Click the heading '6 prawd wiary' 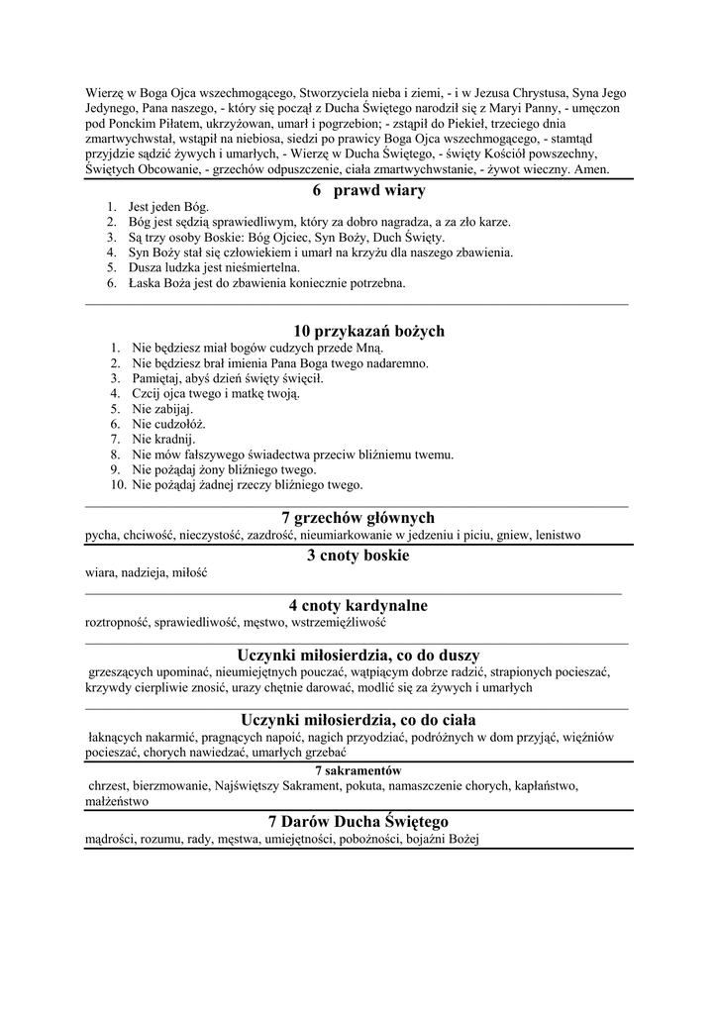[355, 190]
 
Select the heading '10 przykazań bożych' [368, 331]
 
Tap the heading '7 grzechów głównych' [358, 518]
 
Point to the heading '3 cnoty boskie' [358, 556]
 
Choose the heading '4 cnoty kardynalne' [358, 605]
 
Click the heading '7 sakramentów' [358, 770]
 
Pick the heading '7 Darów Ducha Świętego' [358, 822]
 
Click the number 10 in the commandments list [117, 485]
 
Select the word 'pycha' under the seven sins [101, 536]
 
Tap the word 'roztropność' [117, 623]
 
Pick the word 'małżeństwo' [117, 801]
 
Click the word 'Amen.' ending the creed [591, 170]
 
